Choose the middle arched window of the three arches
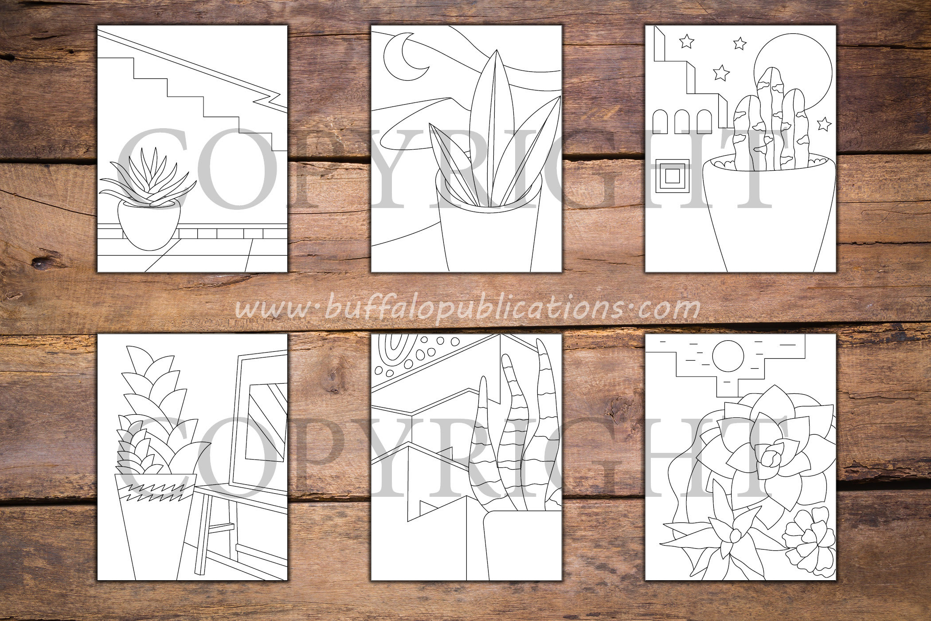click(x=684, y=122)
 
